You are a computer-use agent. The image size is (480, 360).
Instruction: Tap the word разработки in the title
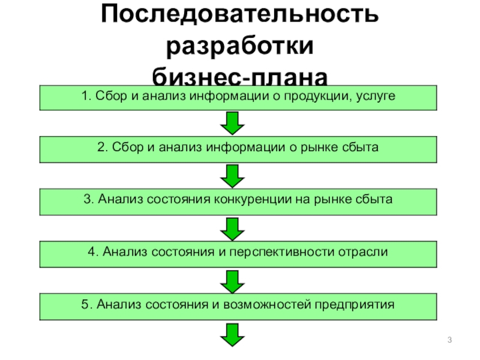(x=239, y=47)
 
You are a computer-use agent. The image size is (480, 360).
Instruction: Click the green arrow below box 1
(x=232, y=123)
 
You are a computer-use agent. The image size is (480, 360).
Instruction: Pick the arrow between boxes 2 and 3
(x=232, y=175)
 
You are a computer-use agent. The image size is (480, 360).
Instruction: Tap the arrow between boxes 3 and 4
(x=232, y=228)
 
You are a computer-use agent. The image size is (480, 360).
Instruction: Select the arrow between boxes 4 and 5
(x=232, y=280)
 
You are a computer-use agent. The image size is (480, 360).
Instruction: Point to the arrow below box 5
(x=232, y=333)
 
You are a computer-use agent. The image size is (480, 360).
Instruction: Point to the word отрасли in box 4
(x=365, y=252)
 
